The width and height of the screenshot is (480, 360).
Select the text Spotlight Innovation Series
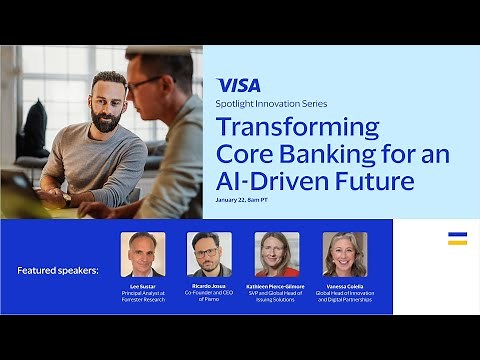coord(265,104)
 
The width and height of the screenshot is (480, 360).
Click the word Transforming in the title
coord(298,127)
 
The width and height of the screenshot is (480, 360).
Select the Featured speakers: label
coord(58,271)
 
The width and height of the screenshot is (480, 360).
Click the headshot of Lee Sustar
coord(143,254)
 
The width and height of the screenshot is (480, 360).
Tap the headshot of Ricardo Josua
coord(209,254)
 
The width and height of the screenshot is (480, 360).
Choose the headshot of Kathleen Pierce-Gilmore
coord(277,254)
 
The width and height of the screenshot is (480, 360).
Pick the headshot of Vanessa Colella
coord(345,254)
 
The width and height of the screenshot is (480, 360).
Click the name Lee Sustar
coord(143,285)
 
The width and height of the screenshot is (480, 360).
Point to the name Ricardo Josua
coord(209,285)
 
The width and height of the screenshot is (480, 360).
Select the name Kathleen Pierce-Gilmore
coord(277,285)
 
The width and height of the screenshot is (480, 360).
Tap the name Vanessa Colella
coord(345,285)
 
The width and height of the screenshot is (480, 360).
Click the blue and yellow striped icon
coord(457,238)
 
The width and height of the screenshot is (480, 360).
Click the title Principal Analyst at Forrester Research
coord(143,295)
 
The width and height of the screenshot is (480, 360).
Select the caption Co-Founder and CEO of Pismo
coord(209,295)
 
